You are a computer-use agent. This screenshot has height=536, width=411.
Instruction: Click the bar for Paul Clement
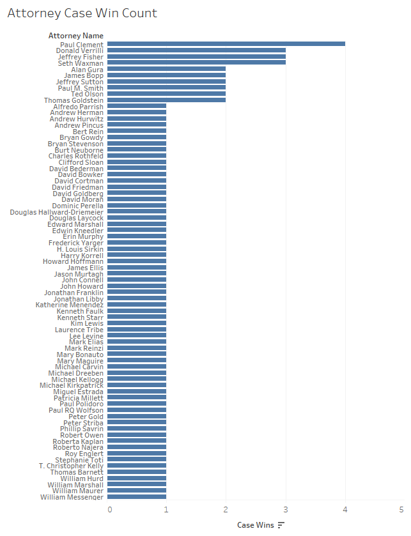226,44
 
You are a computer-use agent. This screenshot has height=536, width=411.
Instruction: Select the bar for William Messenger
137,497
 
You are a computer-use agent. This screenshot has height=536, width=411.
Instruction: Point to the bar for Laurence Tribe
137,330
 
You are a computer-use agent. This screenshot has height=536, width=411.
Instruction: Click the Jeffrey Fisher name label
81,57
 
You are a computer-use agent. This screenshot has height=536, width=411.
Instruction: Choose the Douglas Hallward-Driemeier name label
57,212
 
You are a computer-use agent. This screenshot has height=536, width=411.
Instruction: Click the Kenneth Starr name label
81,318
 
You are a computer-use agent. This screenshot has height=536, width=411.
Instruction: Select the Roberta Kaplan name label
78,441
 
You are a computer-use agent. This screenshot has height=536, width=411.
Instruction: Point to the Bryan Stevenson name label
76,144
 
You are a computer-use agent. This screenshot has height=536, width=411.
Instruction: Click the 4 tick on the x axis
345,509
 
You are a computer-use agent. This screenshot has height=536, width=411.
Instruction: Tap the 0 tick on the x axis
110,509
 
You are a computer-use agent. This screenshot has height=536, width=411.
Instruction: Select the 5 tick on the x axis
401,509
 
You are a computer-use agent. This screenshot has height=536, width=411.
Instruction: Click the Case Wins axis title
256,525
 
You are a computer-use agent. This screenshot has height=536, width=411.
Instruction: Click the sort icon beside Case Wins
281,525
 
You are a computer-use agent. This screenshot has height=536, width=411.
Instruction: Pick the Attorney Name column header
76,36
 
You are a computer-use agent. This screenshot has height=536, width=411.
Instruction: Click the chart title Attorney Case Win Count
82,13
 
